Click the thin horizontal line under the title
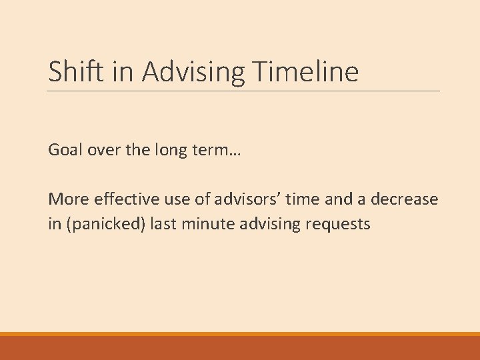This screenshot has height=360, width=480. click(244, 91)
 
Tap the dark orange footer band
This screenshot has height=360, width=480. click(240, 348)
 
